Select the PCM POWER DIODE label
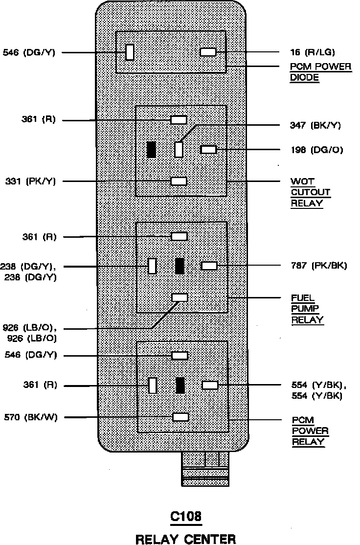point(321,72)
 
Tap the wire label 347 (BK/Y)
point(315,125)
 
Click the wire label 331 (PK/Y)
point(31,181)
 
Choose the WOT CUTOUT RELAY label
point(310,192)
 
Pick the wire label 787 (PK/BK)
point(315,266)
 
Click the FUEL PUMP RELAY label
point(307,309)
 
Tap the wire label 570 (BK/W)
point(30,417)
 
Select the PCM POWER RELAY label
point(310,431)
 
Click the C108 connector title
point(185,517)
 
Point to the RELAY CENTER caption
point(185,539)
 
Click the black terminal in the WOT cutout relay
point(152,150)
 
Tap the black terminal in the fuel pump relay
point(180,266)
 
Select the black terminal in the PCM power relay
point(180,385)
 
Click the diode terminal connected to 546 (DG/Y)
point(130,52)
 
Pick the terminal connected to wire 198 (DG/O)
point(208,150)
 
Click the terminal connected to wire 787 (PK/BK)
point(209,266)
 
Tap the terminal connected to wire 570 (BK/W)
point(180,417)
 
